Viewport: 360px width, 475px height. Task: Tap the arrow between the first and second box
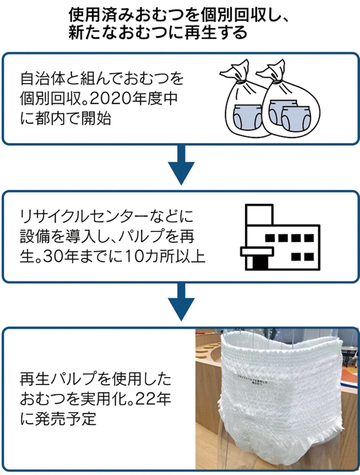pos(181,165)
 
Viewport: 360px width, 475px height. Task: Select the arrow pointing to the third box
pos(181,305)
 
